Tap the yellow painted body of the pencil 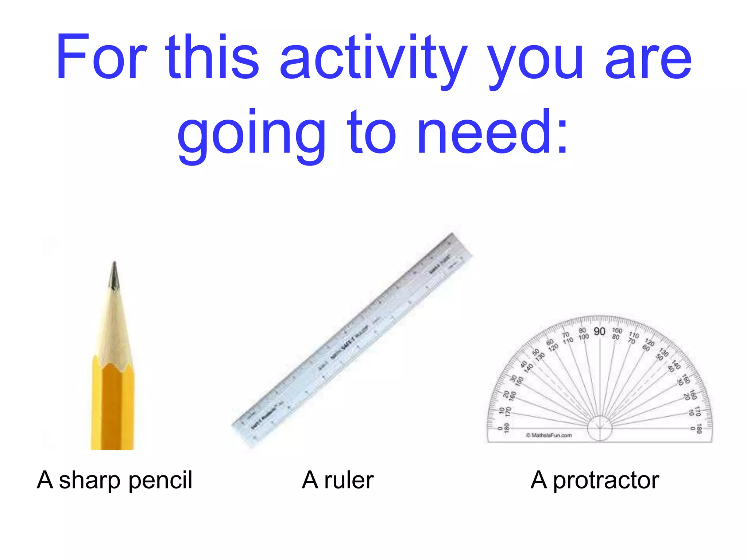pos(112,408)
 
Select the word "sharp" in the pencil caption pos(89,481)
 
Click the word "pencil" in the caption pos(160,481)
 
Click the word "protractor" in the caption pos(606,481)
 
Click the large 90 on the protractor pos(599,331)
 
